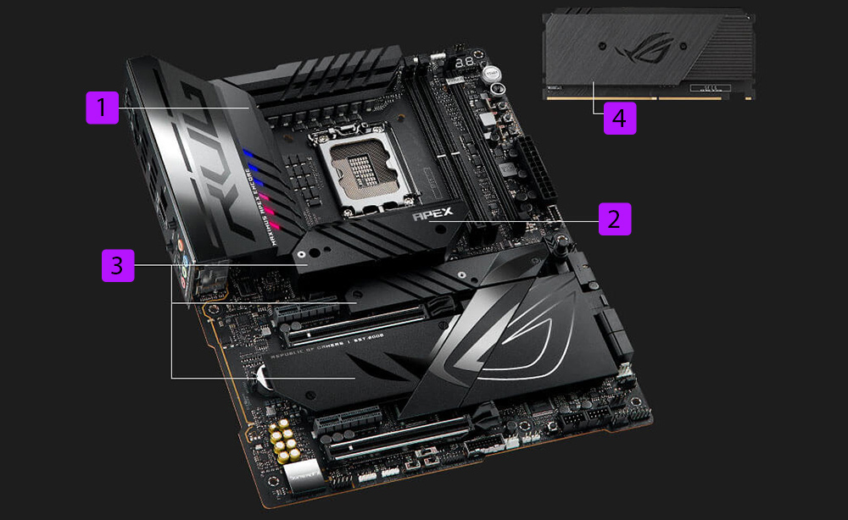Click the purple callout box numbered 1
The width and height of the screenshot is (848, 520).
coord(102,108)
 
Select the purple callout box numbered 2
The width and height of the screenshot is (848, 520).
coord(615,219)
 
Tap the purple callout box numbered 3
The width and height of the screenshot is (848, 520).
coord(117,265)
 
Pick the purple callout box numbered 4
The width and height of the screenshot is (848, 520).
coord(619,118)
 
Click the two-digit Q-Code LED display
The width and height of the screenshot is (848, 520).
coord(466,64)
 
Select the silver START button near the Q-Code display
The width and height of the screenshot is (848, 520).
coord(491,73)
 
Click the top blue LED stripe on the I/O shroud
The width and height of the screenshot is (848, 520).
coord(248,154)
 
